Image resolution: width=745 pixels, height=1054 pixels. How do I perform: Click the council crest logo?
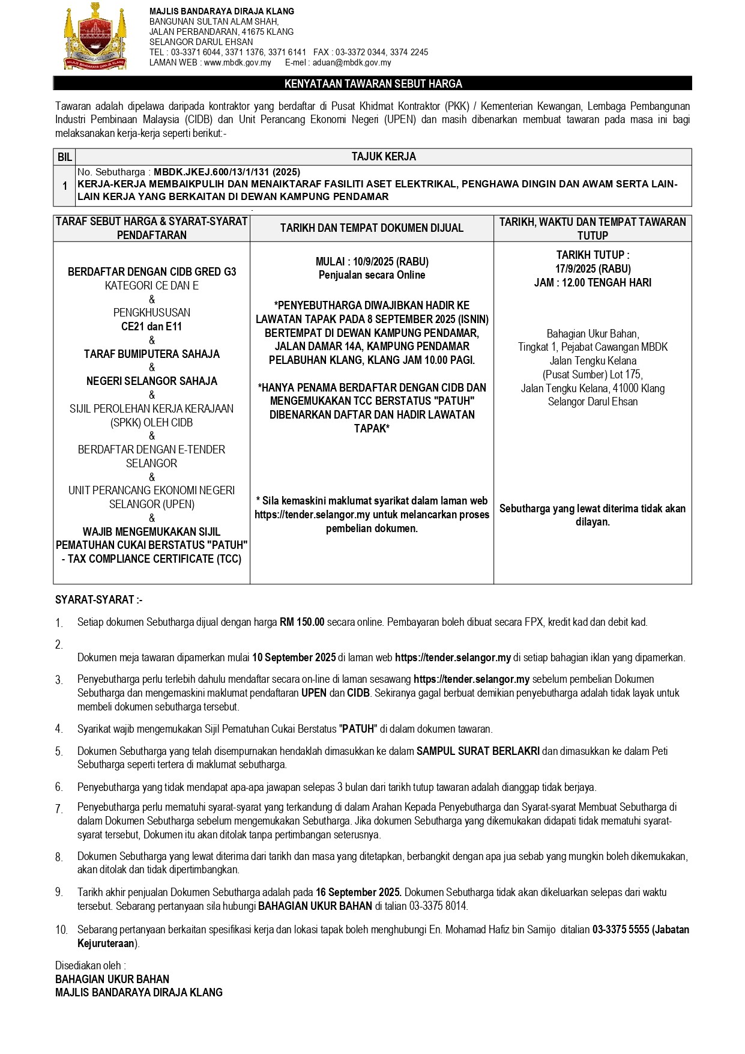tap(96, 36)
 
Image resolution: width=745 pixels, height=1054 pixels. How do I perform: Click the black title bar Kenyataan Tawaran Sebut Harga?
tap(372, 84)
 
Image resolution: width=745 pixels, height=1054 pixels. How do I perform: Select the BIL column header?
tap(64, 157)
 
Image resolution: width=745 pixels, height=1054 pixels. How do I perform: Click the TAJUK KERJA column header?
tap(383, 157)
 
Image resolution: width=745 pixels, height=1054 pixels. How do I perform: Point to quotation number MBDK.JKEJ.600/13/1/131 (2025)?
tap(227, 172)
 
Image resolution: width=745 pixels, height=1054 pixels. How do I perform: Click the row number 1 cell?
tap(64, 186)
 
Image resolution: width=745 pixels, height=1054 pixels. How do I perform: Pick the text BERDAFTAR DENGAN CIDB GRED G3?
tap(152, 272)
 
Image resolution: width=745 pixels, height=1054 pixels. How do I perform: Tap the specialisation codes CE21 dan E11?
tap(152, 327)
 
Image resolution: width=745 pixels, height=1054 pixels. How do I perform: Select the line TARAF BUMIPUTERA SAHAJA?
tap(152, 354)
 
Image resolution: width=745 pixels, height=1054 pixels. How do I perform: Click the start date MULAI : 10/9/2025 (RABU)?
tap(372, 262)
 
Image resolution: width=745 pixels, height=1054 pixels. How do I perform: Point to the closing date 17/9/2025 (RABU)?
tap(593, 268)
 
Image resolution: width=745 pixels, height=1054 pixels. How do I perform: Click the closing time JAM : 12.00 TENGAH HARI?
tap(593, 282)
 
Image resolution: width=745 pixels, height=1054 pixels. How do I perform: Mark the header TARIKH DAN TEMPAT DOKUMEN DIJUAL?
tap(372, 228)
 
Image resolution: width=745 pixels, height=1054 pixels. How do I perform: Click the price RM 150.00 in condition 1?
tap(302, 622)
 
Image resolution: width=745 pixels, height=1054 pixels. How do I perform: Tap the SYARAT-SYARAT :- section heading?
tap(98, 599)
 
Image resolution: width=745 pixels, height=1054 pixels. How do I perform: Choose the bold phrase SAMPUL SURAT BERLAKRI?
tap(478, 751)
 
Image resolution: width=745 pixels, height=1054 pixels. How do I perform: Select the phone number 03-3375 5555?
tap(621, 930)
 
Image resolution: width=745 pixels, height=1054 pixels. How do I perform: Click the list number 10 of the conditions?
tap(61, 930)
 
